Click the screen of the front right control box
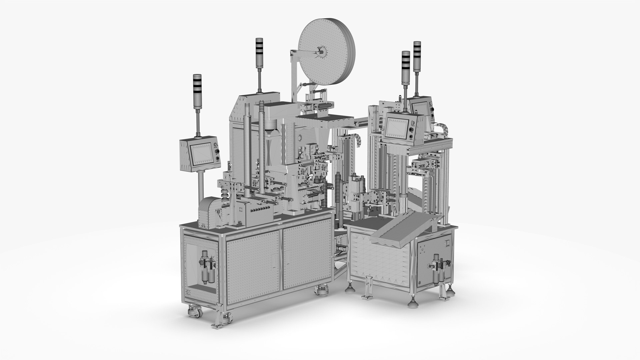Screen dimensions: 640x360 (397, 127)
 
